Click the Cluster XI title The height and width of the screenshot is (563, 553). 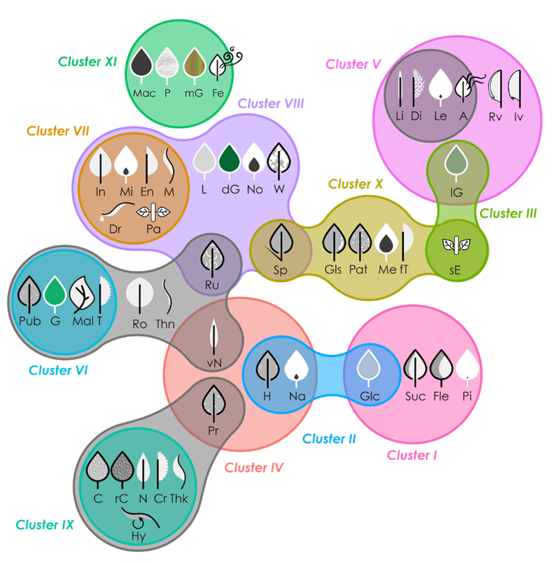coord(88,62)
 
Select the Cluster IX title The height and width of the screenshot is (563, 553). coord(45,525)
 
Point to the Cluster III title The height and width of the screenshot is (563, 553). coord(508,214)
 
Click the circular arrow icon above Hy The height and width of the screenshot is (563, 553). coord(139,521)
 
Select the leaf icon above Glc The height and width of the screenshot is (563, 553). coord(369,368)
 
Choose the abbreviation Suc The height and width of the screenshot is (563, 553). coord(416,397)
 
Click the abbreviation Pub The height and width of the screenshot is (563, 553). coord(30,322)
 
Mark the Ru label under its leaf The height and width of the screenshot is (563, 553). coord(211,284)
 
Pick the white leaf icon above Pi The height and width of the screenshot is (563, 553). coord(467,367)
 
